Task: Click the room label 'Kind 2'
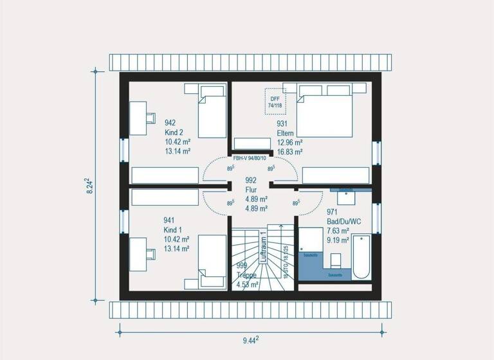[174, 132]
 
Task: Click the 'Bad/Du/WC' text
[343, 221]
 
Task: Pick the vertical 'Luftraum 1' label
[263, 247]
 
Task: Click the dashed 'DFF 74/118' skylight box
[275, 101]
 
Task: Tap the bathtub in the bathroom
[361, 257]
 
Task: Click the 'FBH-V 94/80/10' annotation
[250, 157]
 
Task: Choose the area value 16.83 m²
[290, 152]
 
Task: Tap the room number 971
[333, 211]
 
